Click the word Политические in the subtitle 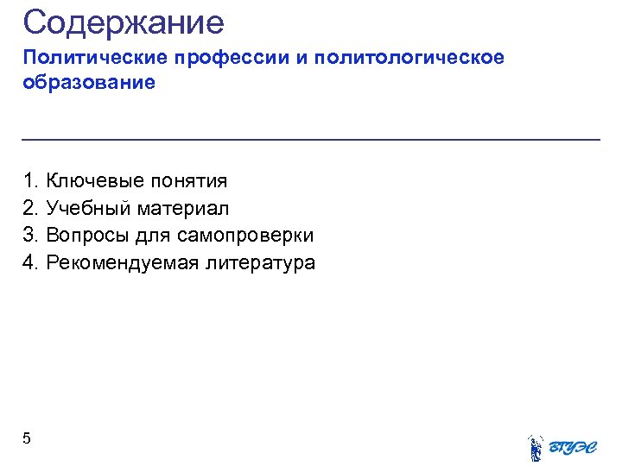pos(94,59)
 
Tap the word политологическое pos(409,59)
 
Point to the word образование pos(89,84)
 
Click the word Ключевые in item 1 pos(95,181)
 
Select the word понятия pos(189,181)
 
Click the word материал pos(184,209)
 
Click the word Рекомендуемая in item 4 pos(123,263)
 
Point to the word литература pos(261,263)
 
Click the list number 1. pos(30,181)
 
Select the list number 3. pos(30,236)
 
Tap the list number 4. pos(30,263)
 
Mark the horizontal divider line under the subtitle pos(311,139)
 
